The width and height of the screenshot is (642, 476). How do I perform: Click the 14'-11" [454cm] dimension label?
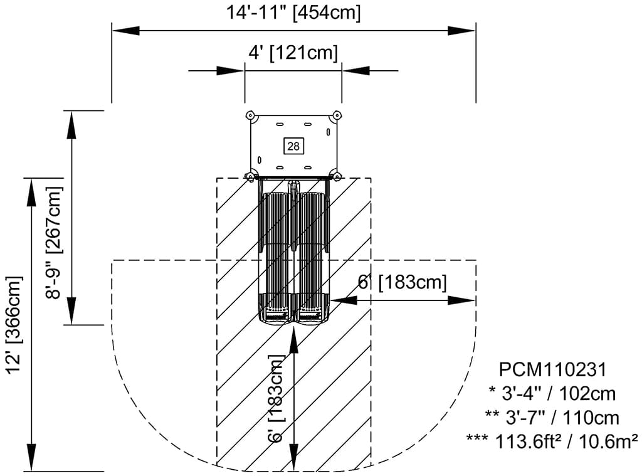pyautogui.click(x=293, y=13)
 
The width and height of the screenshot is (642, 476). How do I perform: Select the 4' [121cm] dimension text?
pyautogui.click(x=293, y=53)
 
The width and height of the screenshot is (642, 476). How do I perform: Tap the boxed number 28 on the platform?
pyautogui.click(x=293, y=146)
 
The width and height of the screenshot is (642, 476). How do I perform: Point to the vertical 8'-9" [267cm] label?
pyautogui.click(x=55, y=243)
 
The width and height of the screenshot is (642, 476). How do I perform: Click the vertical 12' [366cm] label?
pyautogui.click(x=14, y=325)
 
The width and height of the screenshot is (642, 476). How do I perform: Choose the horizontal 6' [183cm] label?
pyautogui.click(x=402, y=282)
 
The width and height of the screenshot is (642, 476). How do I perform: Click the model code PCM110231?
pyautogui.click(x=552, y=369)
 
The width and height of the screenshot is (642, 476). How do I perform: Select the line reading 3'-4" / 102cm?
pyautogui.click(x=552, y=394)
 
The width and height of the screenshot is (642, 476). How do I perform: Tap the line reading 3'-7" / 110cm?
pyautogui.click(x=552, y=418)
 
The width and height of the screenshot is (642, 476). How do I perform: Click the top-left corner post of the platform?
pyautogui.click(x=250, y=115)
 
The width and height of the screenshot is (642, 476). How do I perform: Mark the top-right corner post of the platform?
pyautogui.click(x=337, y=115)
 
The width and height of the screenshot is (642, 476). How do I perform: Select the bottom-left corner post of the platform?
pyautogui.click(x=250, y=177)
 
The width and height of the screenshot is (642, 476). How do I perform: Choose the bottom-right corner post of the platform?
pyautogui.click(x=337, y=177)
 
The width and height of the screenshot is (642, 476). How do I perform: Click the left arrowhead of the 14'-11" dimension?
pyautogui.click(x=125, y=31)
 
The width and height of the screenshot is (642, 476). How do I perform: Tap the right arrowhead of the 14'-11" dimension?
pyautogui.click(x=462, y=31)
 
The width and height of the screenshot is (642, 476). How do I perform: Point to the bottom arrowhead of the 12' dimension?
pyautogui.click(x=31, y=458)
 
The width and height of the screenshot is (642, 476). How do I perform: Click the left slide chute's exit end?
pyautogui.click(x=276, y=315)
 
